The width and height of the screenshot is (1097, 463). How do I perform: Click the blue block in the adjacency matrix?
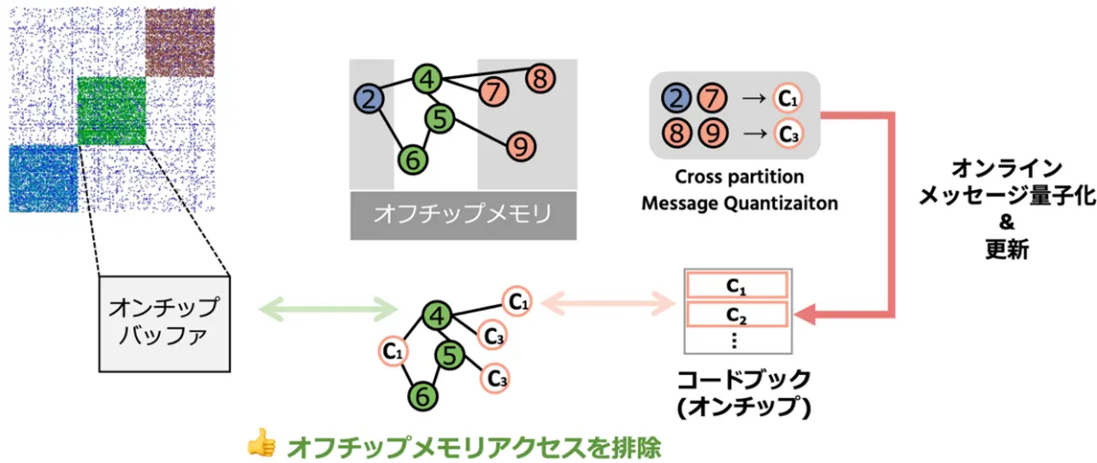tap(43, 179)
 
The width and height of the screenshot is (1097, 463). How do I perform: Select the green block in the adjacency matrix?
tap(112, 111)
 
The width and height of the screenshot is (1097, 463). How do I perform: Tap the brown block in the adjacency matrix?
tap(180, 42)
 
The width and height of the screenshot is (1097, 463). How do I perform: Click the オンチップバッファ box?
tap(165, 321)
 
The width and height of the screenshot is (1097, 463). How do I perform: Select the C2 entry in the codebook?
tap(736, 315)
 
